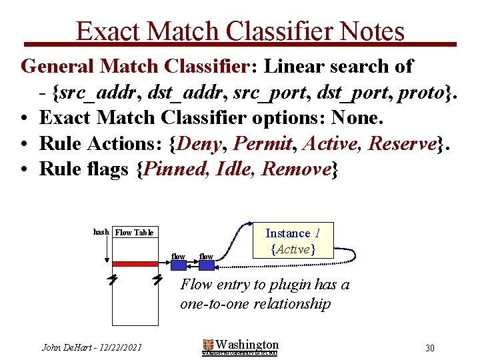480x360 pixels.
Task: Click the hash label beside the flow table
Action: click(101, 232)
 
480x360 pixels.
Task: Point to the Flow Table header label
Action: click(135, 232)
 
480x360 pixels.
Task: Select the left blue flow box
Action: click(179, 265)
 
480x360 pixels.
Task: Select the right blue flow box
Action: click(207, 265)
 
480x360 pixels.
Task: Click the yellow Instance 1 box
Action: click(293, 241)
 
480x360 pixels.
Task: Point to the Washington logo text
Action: click(247, 345)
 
